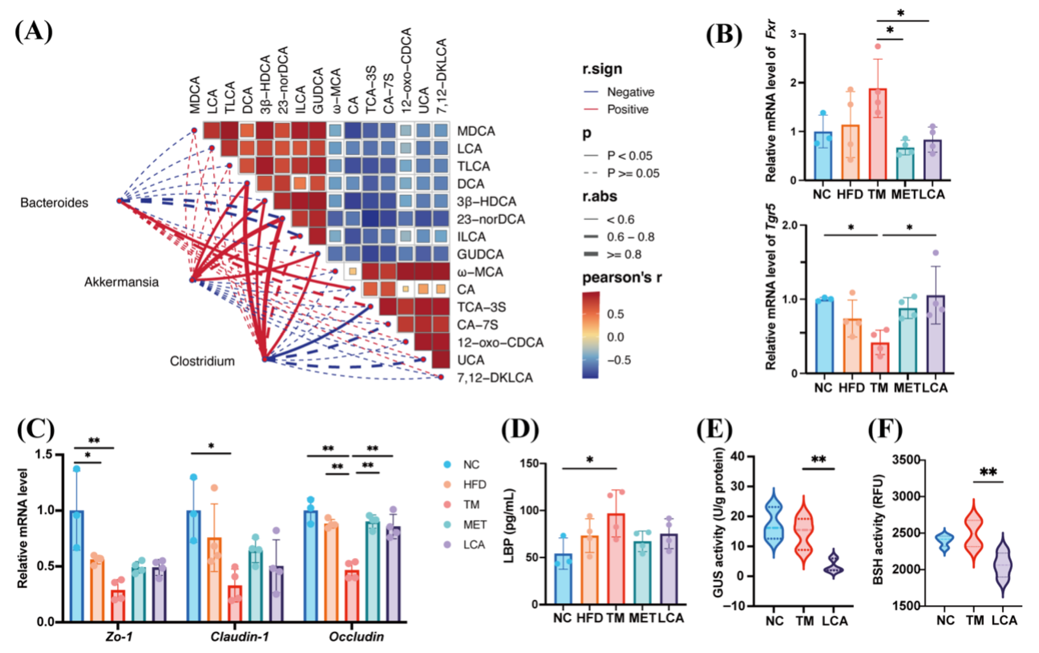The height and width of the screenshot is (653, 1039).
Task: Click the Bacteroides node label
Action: point(54,203)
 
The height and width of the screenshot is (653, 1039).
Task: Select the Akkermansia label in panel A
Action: point(121,282)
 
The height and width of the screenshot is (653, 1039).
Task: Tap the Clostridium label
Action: point(202,361)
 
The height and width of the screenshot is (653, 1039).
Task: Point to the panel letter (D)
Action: point(520,442)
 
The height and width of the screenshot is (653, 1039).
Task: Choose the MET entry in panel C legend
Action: point(475,525)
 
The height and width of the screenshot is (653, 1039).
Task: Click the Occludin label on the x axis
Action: point(356,637)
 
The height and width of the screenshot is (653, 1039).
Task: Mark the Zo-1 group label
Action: point(119,637)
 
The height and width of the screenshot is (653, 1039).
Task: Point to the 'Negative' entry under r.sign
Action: point(630,92)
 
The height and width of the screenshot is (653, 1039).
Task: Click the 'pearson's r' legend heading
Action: point(622,278)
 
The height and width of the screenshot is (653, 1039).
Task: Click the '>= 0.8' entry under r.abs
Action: point(624,255)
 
